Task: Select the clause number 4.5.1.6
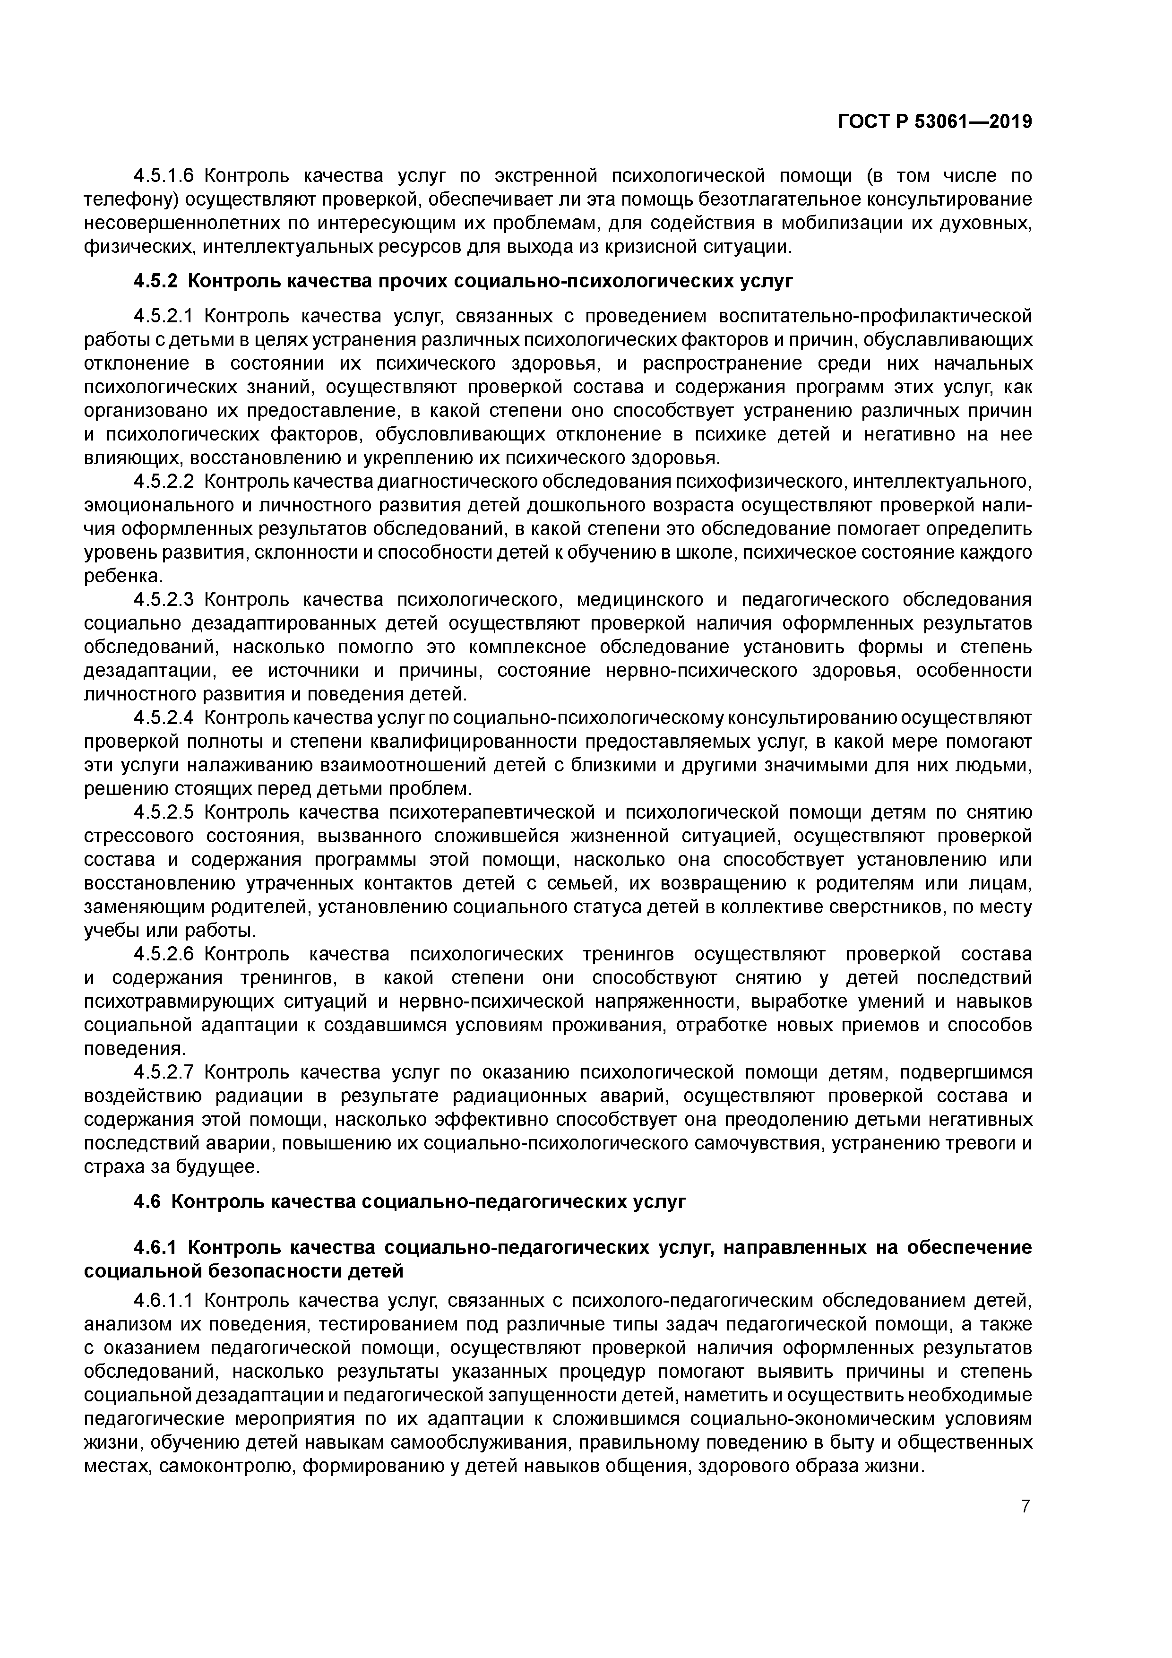pos(164,175)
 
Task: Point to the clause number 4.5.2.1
pos(164,316)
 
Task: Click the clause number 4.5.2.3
pos(164,600)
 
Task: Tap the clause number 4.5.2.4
pos(164,718)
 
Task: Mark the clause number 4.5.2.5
pos(164,813)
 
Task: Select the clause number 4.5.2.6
pos(164,955)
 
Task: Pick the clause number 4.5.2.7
pos(164,1073)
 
